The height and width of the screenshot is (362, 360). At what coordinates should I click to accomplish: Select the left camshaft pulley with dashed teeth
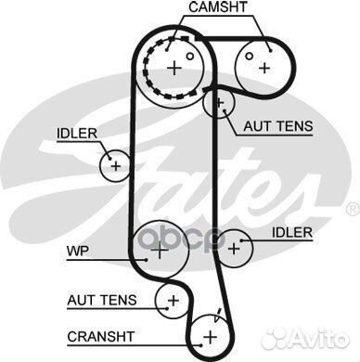point(174,67)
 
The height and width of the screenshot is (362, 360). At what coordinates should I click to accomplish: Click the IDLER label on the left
point(77,135)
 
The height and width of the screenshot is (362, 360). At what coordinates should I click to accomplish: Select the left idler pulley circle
point(115,166)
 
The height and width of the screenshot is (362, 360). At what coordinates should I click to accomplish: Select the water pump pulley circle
point(158,249)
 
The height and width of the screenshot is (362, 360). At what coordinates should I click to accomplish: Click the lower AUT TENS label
point(101,300)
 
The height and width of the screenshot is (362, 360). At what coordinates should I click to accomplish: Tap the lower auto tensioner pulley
point(172,299)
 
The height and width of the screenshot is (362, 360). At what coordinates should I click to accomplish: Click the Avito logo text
point(320,340)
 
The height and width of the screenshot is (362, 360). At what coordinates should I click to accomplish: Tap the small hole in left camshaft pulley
point(189,56)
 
